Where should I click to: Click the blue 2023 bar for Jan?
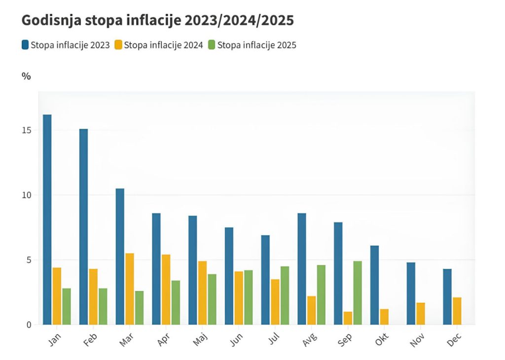(x=47, y=219)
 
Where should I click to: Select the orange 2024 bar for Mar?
(x=130, y=289)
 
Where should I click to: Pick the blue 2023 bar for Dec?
(x=447, y=296)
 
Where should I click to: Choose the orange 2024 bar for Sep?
(x=348, y=318)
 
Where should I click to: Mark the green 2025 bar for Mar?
(x=139, y=308)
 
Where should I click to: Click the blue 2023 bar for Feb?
(x=83, y=227)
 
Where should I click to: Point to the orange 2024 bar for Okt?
(x=384, y=317)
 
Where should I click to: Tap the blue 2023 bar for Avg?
(x=302, y=269)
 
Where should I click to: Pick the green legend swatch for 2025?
(x=212, y=45)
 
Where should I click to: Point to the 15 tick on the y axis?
(x=26, y=130)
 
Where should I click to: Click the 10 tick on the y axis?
(x=26, y=195)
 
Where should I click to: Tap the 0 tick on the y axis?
(x=29, y=325)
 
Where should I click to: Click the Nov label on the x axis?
(x=418, y=340)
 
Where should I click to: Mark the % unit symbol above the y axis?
(x=26, y=76)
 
